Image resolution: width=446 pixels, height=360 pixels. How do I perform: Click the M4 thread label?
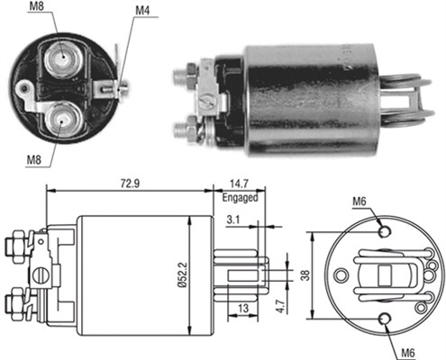coord(143,12)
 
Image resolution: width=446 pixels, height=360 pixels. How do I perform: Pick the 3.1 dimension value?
coord(233,219)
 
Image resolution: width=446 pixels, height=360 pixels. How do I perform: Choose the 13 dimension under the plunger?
coord(244,309)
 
